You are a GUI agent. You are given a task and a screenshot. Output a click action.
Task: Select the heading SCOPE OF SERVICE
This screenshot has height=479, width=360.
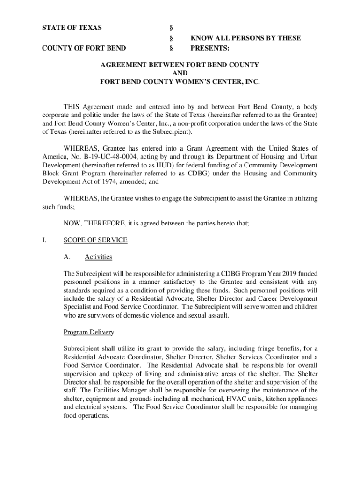tap(95, 240)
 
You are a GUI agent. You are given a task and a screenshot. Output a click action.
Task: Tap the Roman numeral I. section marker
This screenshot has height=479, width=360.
tap(44, 240)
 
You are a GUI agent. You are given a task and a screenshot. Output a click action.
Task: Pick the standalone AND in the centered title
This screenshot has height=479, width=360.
tap(180, 73)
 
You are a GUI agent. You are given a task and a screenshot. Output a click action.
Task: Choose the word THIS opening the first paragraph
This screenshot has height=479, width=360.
tap(71, 106)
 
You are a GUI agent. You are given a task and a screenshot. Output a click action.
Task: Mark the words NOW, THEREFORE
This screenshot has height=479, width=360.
tap(86, 224)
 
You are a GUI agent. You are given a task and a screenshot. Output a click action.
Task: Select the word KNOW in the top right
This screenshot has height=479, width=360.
tap(201, 38)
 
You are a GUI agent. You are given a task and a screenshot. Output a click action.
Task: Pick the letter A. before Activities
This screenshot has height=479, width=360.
tap(66, 257)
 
